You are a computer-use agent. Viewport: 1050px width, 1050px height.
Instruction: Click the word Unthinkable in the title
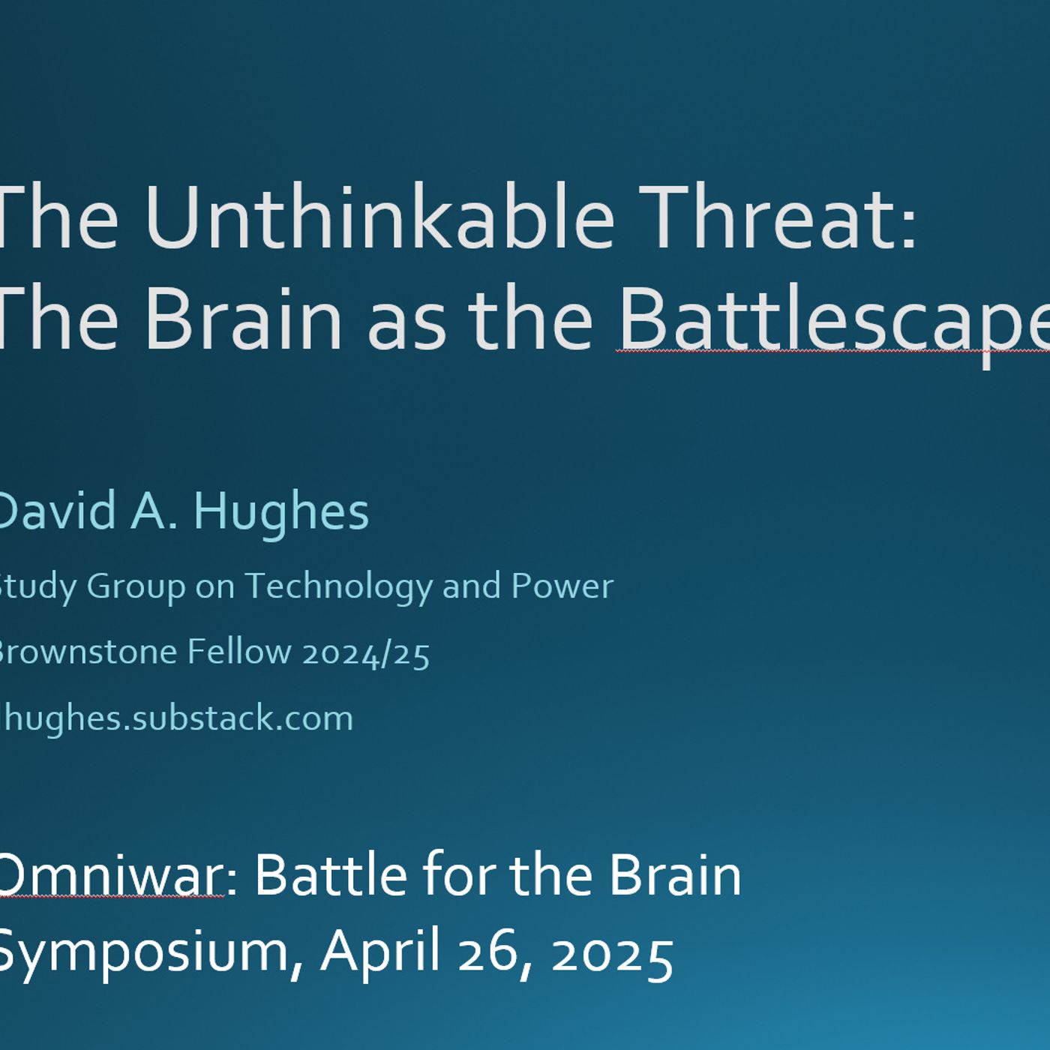tap(379, 217)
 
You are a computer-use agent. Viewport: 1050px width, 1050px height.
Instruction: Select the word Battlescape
tap(832, 318)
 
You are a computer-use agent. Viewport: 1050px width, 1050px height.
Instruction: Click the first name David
tap(57, 511)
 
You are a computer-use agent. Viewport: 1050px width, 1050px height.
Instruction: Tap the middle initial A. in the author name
tap(154, 511)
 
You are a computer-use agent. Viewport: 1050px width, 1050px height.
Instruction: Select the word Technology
tap(339, 586)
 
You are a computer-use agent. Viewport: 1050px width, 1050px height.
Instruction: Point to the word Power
tap(562, 586)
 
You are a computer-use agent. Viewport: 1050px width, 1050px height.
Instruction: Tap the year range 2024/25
tap(366, 652)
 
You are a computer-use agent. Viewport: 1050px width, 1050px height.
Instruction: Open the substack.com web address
tap(175, 718)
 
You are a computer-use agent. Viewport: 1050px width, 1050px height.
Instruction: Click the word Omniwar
tap(109, 875)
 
